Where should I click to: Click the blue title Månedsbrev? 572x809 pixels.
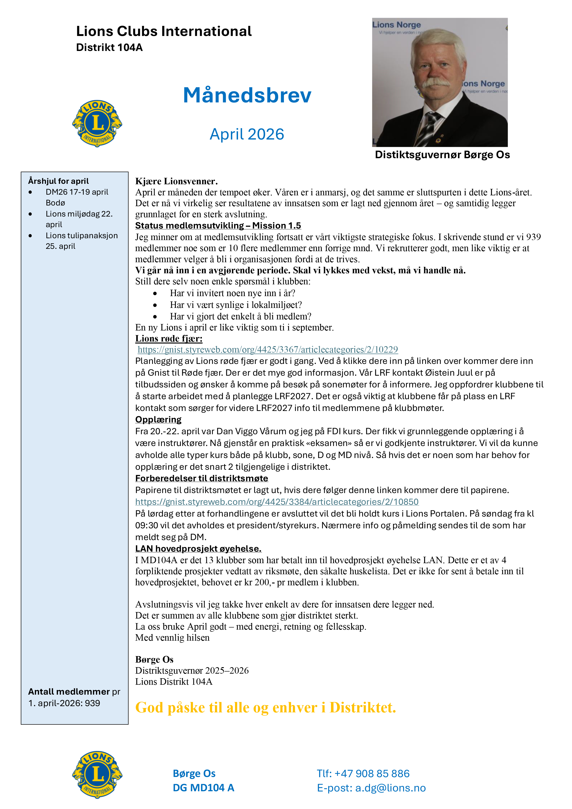coord(247,95)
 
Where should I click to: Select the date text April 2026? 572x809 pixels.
coord(247,134)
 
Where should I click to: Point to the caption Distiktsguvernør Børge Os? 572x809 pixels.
coord(442,155)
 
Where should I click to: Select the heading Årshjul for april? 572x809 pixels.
coord(59,181)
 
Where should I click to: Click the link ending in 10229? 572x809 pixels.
coord(268,350)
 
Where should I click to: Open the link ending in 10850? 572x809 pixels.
coord(277,502)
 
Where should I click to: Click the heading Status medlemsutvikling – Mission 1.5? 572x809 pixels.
coord(218,226)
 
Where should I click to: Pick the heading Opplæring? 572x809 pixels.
coord(158,420)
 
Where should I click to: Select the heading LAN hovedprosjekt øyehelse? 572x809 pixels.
coord(198,549)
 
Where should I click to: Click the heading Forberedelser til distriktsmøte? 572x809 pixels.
coord(202,479)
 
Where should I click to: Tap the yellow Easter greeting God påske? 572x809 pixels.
coord(265,708)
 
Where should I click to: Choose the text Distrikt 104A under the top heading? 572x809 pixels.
coord(109,48)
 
